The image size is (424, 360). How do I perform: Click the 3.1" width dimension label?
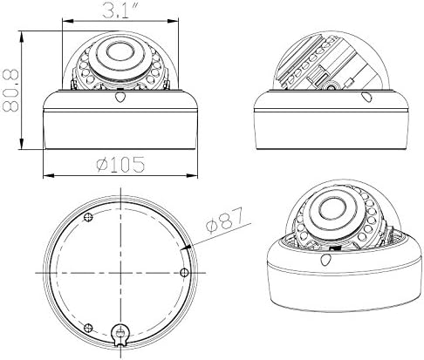pos(120,10)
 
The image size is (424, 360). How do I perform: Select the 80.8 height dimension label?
pos(10,91)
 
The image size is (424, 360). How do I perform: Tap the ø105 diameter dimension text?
pos(120,165)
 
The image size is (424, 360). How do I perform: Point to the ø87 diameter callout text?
pos(224,221)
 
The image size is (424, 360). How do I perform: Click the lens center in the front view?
pos(120,52)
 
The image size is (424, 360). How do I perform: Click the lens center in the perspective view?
pos(333,209)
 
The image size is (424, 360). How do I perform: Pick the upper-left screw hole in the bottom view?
pos(88,217)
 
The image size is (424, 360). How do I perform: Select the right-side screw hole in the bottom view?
pos(184,273)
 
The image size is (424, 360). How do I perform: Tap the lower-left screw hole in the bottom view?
pos(88,328)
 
